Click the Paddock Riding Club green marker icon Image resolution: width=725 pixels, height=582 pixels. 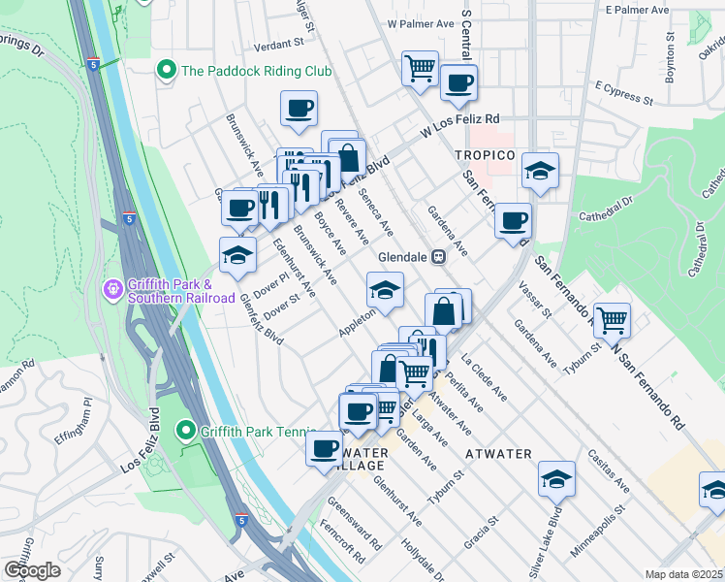(166, 71)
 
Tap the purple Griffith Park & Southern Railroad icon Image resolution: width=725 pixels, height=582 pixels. (113, 290)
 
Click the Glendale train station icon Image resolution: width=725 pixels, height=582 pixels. (439, 256)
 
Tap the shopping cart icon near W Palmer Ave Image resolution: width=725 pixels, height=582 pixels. (420, 68)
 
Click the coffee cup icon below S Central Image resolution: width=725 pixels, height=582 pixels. (458, 82)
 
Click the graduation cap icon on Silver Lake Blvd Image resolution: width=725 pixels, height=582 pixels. (557, 478)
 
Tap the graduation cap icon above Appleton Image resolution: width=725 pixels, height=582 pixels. (385, 290)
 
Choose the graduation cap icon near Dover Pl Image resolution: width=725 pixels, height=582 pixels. (237, 255)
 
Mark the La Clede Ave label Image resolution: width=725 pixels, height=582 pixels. (485, 377)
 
